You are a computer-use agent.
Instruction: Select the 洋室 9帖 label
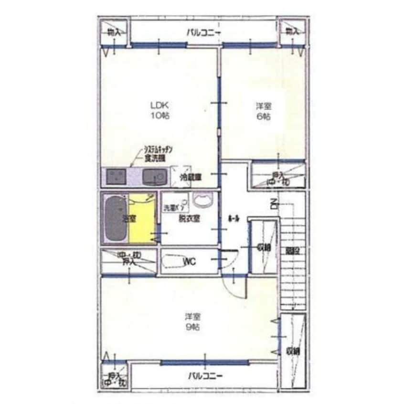pyautogui.click(x=192, y=322)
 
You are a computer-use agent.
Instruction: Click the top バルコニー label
pyautogui.click(x=203, y=32)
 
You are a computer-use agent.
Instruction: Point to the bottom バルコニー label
pyautogui.click(x=204, y=375)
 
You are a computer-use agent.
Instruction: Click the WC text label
pyautogui.click(x=190, y=261)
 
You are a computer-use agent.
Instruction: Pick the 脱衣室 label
pyautogui.click(x=190, y=219)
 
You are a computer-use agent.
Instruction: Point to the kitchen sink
pyautogui.click(x=154, y=178)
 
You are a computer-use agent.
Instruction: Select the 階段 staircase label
pyautogui.click(x=292, y=250)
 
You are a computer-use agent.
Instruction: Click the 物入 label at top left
pyautogui.click(x=114, y=32)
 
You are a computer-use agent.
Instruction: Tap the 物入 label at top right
pyautogui.click(x=292, y=32)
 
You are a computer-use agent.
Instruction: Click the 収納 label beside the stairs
pyautogui.click(x=263, y=247)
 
